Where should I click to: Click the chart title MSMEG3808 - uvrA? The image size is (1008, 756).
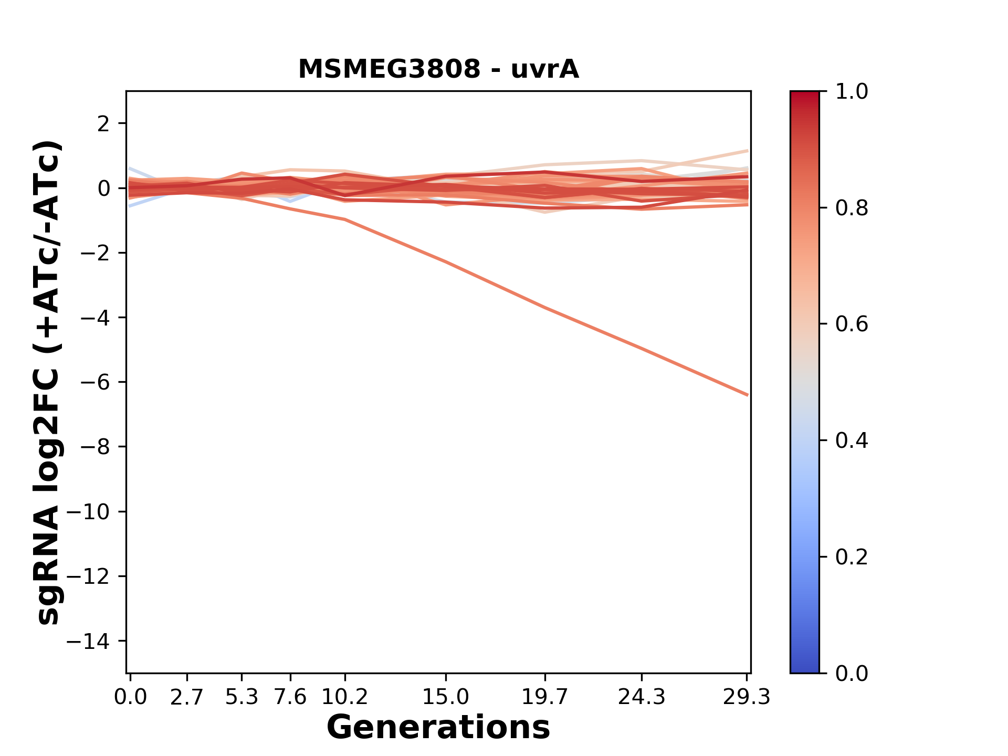click(x=438, y=69)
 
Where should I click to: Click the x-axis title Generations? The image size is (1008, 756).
click(x=438, y=728)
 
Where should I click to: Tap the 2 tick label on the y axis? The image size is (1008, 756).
click(x=104, y=124)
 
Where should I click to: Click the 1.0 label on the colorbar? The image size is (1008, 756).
click(x=852, y=92)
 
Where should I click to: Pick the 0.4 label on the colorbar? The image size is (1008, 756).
click(x=852, y=440)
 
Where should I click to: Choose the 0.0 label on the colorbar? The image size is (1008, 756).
click(x=852, y=673)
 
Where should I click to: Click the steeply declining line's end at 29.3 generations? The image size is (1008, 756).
click(x=747, y=395)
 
